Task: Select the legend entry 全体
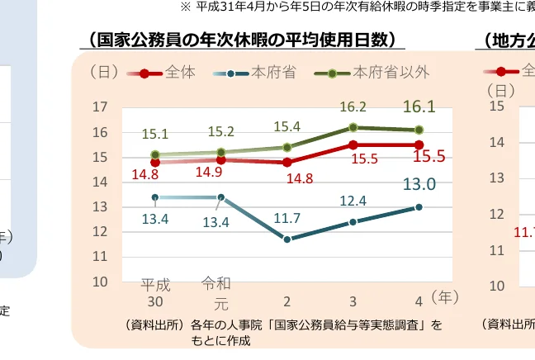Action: click(180, 73)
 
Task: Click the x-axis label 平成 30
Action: click(155, 293)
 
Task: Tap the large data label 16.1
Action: click(419, 107)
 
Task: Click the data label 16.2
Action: click(353, 107)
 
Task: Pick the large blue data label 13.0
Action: click(419, 185)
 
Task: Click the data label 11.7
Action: click(286, 218)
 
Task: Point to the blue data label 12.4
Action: click(353, 201)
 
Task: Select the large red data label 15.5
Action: click(429, 157)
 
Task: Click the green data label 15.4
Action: click(286, 126)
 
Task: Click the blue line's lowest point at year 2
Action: click(287, 239)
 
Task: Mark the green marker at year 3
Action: click(353, 127)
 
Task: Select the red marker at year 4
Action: click(419, 144)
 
